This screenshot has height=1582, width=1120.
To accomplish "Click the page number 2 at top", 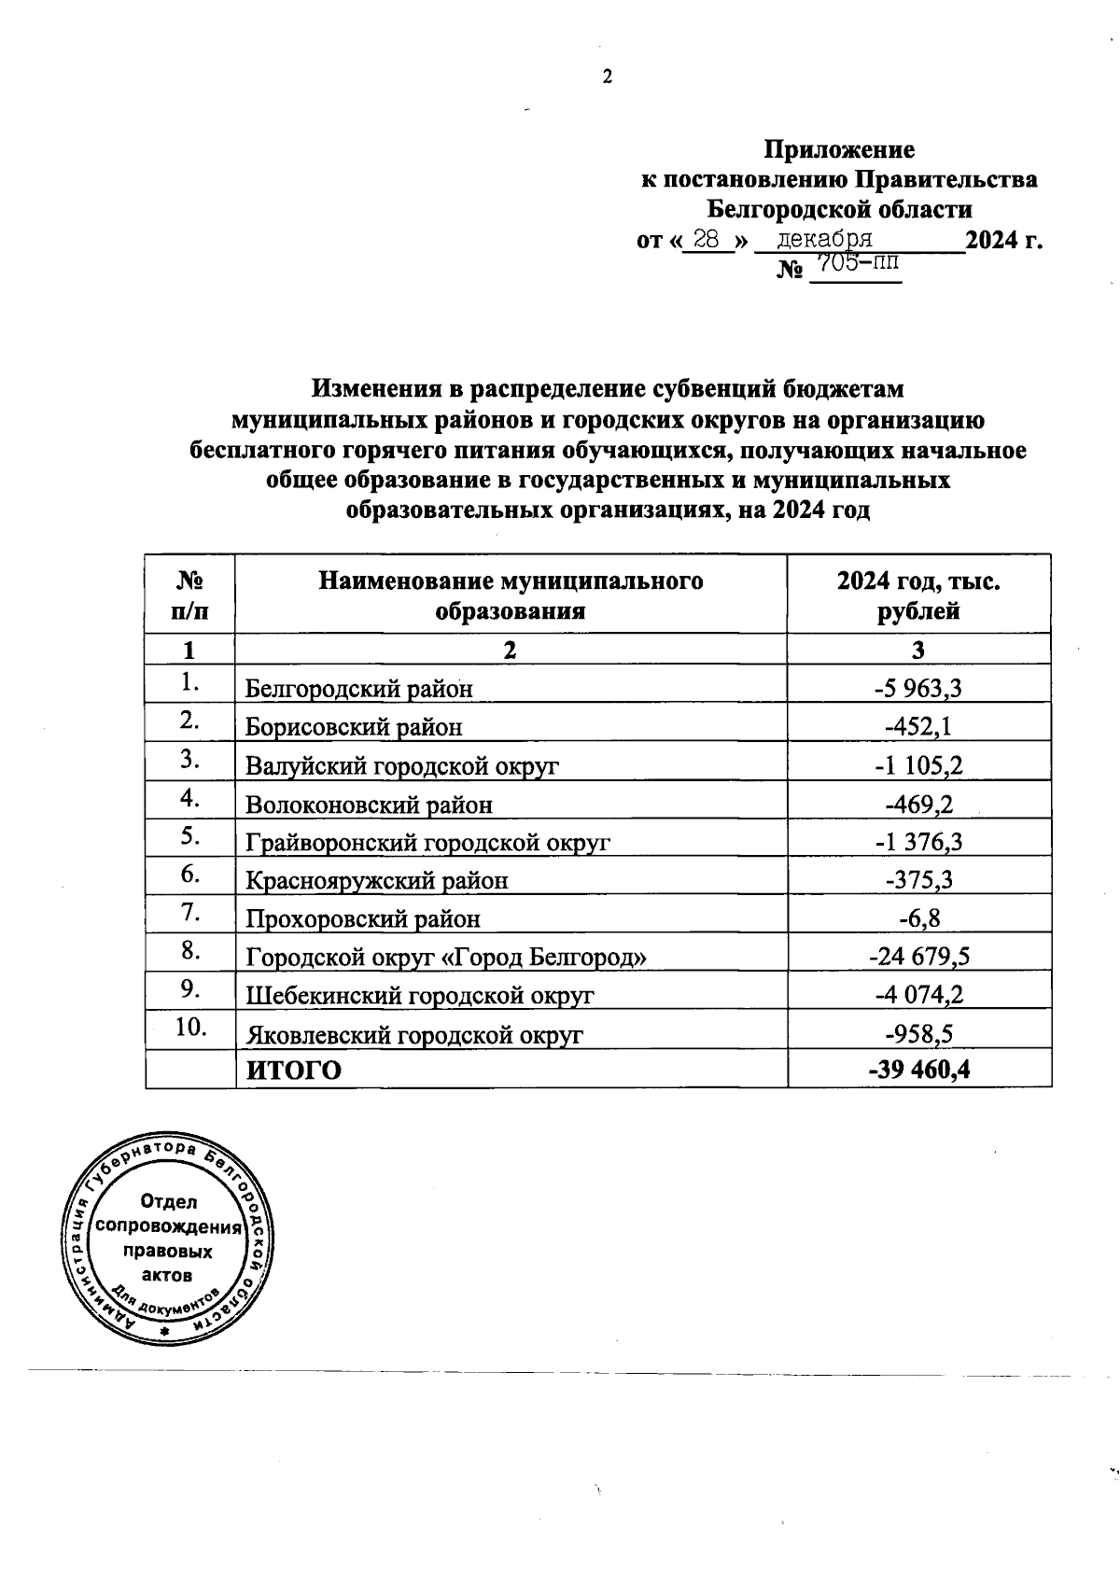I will pyautogui.click(x=607, y=77).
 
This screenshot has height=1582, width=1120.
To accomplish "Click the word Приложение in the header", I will pyautogui.click(x=839, y=149).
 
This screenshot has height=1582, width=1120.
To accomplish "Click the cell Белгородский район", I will pyautogui.click(x=358, y=689).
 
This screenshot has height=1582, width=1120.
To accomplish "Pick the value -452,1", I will pyautogui.click(x=918, y=726).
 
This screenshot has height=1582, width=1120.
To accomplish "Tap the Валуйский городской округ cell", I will pyautogui.click(x=401, y=766).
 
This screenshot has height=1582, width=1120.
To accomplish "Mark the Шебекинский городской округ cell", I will pyautogui.click(x=419, y=995).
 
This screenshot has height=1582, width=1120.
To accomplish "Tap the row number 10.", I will pyautogui.click(x=190, y=1027).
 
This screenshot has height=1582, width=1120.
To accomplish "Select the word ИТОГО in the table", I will pyautogui.click(x=293, y=1070).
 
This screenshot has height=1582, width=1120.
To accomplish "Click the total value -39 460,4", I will pyautogui.click(x=918, y=1070).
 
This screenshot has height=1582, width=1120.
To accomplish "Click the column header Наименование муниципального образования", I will pyautogui.click(x=511, y=595).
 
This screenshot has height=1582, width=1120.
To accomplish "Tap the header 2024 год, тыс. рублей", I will pyautogui.click(x=918, y=595).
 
